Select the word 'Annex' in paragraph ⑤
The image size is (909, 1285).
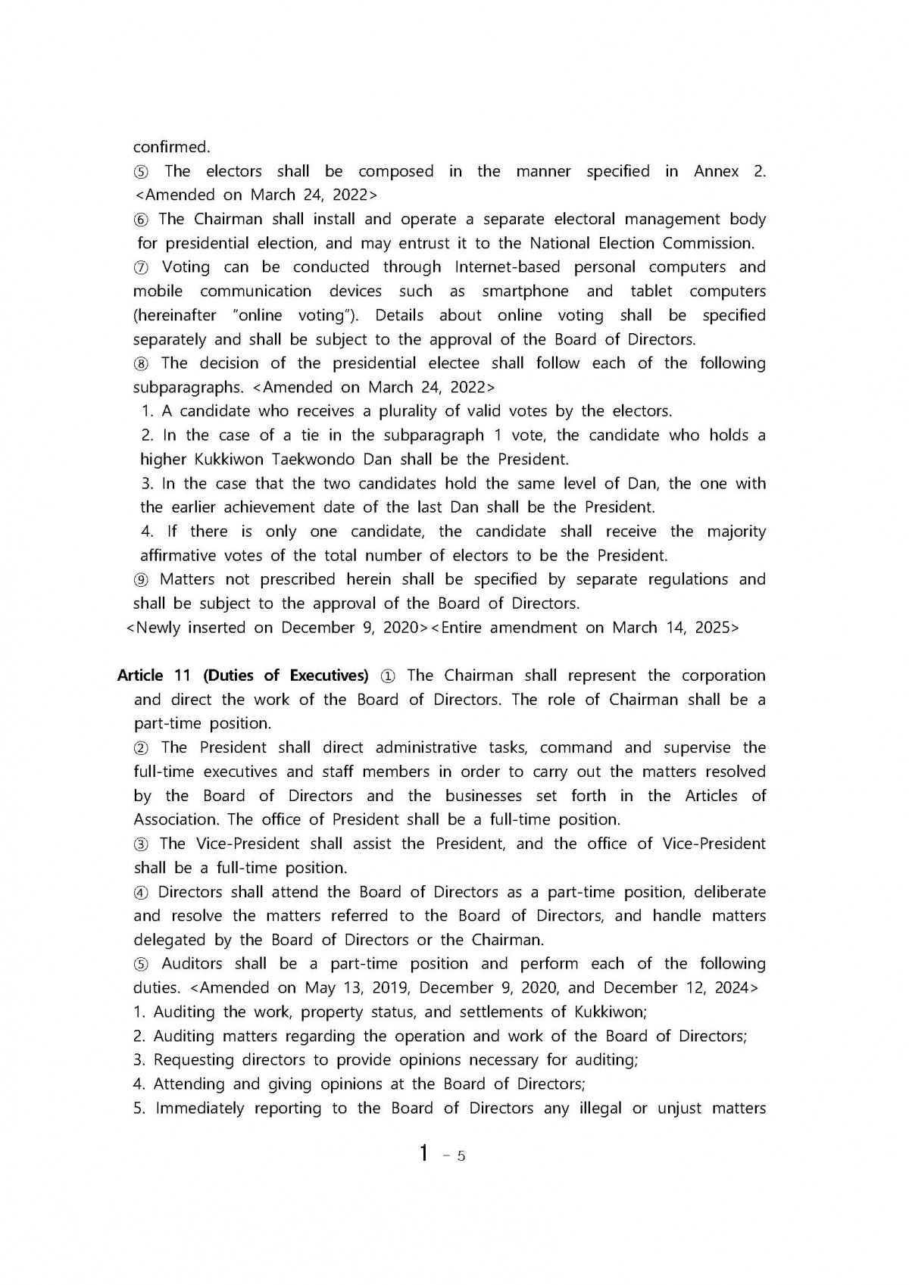click(716, 171)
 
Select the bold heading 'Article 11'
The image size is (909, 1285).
click(151, 675)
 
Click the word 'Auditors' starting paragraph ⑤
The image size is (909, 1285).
click(192, 964)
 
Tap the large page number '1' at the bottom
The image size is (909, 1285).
click(425, 1153)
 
